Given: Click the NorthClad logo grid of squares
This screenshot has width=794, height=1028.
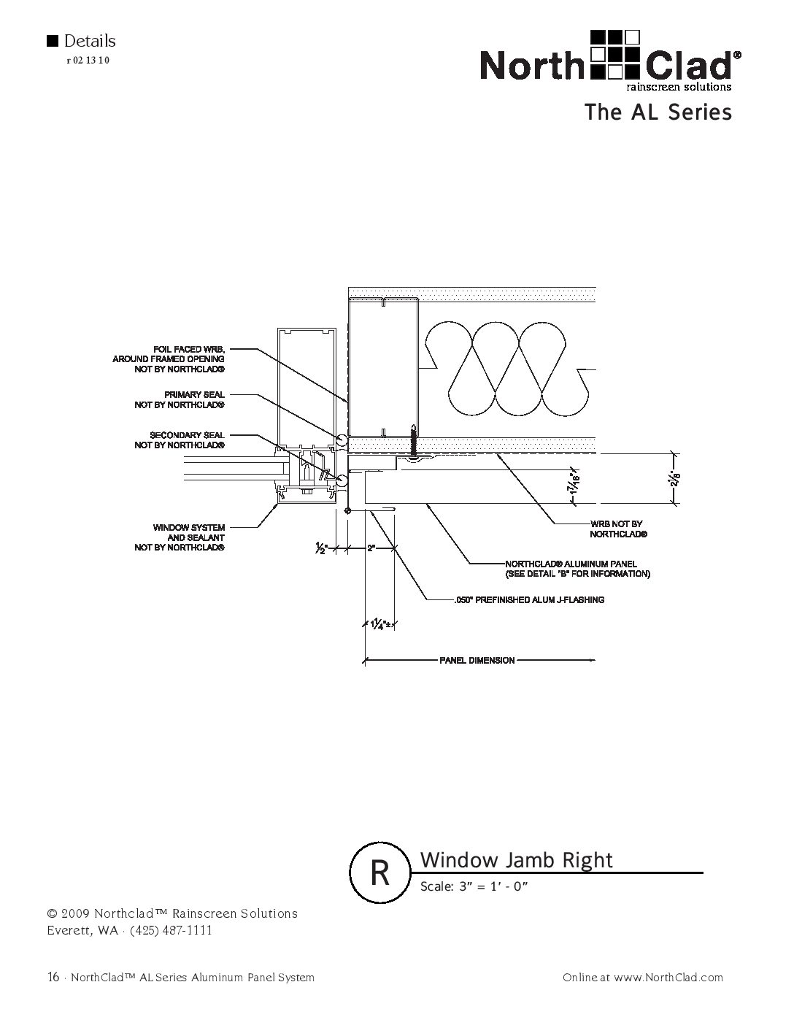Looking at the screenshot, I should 614,53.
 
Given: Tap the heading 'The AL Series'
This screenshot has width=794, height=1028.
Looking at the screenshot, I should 657,112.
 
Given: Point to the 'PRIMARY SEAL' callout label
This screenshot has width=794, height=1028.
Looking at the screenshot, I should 180,399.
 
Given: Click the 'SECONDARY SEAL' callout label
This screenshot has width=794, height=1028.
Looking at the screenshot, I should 180,440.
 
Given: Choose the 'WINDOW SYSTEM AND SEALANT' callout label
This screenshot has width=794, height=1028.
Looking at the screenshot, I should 180,537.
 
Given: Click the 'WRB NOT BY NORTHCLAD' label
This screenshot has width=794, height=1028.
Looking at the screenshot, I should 616,529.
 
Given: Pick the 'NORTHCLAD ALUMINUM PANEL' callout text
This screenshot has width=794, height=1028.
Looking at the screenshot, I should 577,569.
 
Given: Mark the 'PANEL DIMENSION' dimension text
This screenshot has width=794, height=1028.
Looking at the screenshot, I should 477,661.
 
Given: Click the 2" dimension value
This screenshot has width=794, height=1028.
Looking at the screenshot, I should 371,548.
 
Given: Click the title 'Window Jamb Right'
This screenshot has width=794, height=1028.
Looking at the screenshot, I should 517,860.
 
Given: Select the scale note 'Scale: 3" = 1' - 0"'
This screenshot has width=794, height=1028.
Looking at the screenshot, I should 474,887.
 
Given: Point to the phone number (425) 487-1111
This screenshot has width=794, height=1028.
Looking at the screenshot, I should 171,930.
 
